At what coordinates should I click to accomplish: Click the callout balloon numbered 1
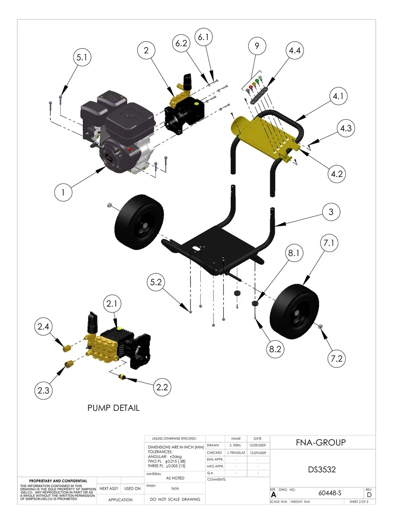pyautogui.click(x=63, y=193)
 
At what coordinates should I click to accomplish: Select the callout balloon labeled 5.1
pyautogui.click(x=82, y=58)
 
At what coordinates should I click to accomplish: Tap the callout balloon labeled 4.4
pyautogui.click(x=293, y=50)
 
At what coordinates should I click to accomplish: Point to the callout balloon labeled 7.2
pyautogui.click(x=337, y=358)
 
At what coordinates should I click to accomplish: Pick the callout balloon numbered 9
pyautogui.click(x=257, y=46)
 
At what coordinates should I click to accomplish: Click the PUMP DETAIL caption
pyautogui.click(x=113, y=408)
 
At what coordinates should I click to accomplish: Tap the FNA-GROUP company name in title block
pyautogui.click(x=321, y=442)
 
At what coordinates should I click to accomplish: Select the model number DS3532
pyautogui.click(x=322, y=470)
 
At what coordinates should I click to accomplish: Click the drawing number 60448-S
pyautogui.click(x=330, y=493)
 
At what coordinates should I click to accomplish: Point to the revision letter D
pyautogui.click(x=369, y=495)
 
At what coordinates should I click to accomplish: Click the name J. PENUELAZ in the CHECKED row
pyautogui.click(x=236, y=452)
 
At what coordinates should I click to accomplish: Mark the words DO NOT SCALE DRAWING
pyautogui.click(x=175, y=499)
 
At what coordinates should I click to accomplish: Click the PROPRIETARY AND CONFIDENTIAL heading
pyautogui.click(x=58, y=481)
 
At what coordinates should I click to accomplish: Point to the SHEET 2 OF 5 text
pyautogui.click(x=359, y=502)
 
